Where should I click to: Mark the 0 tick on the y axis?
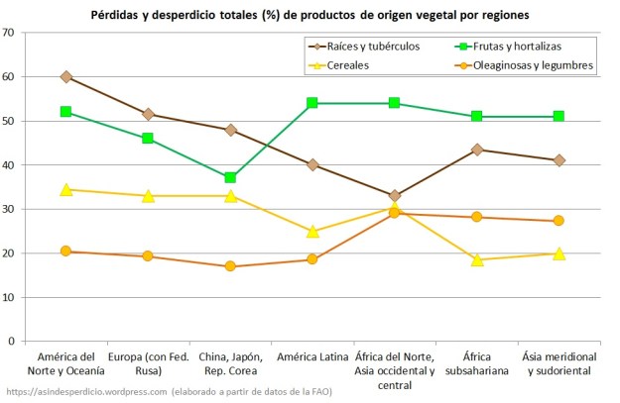tap(11, 342)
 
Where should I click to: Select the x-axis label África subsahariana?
tap(477, 363)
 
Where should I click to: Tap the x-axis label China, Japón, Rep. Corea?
tap(230, 363)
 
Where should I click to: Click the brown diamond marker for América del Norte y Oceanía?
tap(65, 76)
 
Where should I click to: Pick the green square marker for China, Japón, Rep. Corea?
tap(230, 178)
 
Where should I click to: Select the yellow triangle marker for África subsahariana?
tap(477, 259)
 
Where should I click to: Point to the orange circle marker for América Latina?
tap(312, 259)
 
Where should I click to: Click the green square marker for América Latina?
tap(312, 103)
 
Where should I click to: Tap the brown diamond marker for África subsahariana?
tap(477, 150)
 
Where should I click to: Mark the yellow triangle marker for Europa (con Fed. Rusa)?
tap(148, 196)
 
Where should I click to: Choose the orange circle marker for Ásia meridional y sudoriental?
tap(559, 221)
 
